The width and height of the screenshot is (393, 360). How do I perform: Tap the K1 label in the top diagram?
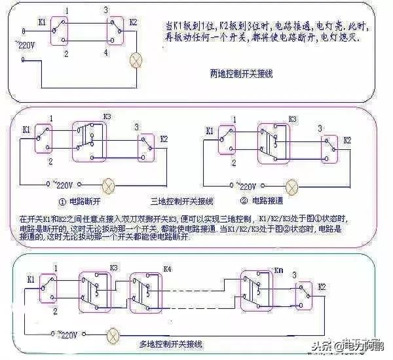point(42,21)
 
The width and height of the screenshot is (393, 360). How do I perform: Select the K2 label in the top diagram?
point(134,22)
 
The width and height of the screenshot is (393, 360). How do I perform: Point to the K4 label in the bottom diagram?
point(167,269)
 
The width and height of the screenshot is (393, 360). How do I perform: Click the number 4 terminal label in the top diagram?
point(106,50)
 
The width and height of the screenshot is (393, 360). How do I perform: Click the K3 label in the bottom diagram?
point(113,268)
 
